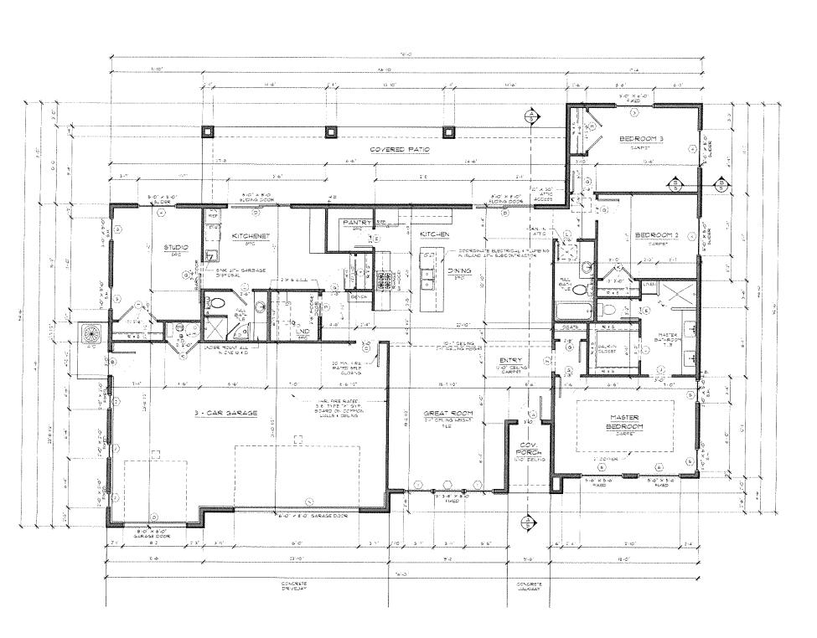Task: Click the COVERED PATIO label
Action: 400,149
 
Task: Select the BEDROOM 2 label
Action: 654,234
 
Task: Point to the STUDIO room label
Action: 176,249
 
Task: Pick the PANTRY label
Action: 358,223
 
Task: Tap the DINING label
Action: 458,271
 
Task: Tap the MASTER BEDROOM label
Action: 624,422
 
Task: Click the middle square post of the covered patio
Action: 332,131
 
